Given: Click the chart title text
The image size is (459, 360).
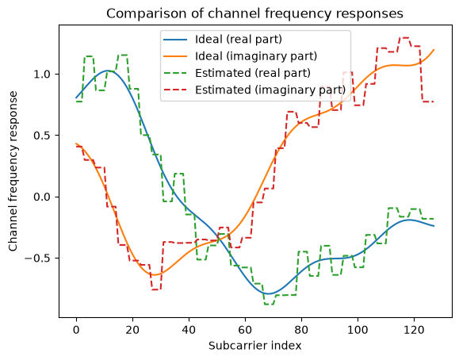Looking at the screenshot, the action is point(254,13).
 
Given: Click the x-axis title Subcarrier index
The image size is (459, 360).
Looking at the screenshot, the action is point(254,346).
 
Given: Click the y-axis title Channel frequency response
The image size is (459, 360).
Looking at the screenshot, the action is point(13,171).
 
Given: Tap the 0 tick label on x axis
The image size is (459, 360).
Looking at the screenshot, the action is point(76,330).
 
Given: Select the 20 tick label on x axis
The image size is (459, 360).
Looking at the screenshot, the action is point(132,330).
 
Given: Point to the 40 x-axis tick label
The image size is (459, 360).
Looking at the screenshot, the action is point(189,330).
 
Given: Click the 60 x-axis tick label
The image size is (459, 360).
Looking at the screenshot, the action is point(245,330).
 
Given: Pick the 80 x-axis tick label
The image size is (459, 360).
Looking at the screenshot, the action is point(301,330).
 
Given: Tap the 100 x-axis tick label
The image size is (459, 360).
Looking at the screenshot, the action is point(358,330).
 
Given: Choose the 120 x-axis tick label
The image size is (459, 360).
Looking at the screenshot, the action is point(414,330).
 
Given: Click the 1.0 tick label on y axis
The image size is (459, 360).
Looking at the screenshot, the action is point(44,74).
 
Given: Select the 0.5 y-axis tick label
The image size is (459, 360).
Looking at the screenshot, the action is point(44,136).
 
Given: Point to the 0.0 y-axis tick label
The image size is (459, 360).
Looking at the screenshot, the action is point(44,197).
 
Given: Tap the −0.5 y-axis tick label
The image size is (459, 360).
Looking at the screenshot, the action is point(39,258).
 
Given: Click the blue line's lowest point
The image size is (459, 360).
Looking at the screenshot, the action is point(269,293).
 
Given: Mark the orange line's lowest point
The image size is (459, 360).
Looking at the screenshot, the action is point(155,275).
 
